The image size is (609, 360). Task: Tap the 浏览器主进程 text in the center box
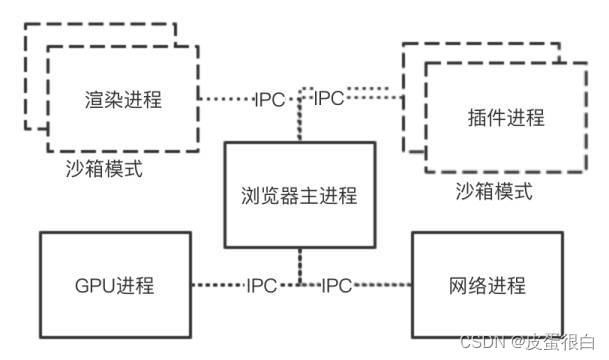[300, 196]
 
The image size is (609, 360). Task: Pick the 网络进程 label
[488, 285]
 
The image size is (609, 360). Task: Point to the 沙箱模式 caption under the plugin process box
[492, 190]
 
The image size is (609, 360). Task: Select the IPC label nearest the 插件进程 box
[330, 100]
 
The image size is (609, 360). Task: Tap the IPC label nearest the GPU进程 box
[268, 286]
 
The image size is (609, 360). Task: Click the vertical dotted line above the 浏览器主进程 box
[299, 125]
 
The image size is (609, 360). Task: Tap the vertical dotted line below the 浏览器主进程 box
[299, 265]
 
